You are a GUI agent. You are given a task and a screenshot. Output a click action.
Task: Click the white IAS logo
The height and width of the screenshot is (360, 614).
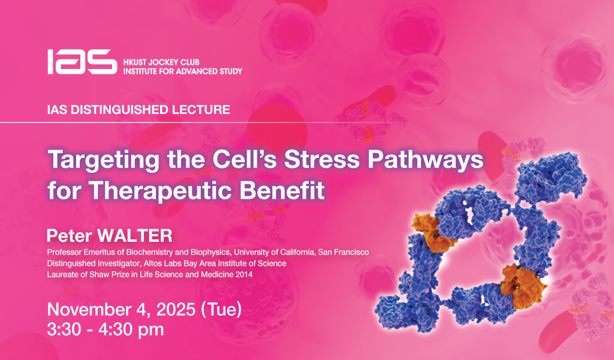coord(82,62)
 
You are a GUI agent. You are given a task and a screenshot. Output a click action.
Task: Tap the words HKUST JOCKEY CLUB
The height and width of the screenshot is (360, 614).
coord(161,62)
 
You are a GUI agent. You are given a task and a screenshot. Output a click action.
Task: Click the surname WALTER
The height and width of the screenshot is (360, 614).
coord(135,236)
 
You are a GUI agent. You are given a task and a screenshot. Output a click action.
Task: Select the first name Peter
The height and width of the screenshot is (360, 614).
coord(70,236)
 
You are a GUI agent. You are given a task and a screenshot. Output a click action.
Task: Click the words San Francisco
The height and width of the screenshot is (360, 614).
coord(344,252)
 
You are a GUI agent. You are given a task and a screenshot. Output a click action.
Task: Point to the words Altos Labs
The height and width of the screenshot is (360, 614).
coord(161,263)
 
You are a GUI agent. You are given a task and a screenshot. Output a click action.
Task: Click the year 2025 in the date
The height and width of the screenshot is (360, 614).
coord(176,310)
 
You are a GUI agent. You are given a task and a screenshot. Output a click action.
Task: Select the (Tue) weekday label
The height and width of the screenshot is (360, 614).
coord(221,310)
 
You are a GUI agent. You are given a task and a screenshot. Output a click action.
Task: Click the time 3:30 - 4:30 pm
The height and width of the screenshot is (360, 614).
coord(106,329)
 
